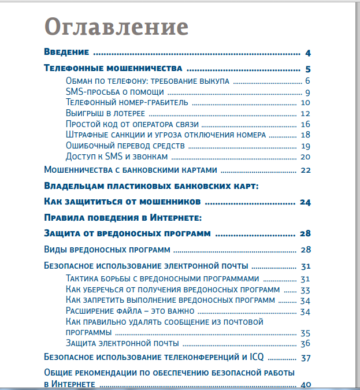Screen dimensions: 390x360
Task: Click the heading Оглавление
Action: pyautogui.click(x=116, y=27)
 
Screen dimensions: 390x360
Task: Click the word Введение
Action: pyautogui.click(x=66, y=53)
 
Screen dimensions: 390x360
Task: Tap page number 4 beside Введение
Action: pyautogui.click(x=309, y=53)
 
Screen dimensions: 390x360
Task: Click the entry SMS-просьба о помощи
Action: pyautogui.click(x=115, y=91)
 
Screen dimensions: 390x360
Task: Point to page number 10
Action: pyautogui.click(x=306, y=103)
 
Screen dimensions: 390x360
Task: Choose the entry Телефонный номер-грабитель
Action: pyautogui.click(x=127, y=102)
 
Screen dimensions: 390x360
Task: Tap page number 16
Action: pyautogui.click(x=306, y=124)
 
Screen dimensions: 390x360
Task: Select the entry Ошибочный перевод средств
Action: pyautogui.click(x=125, y=146)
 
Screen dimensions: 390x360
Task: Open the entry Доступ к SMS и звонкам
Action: pyautogui.click(x=117, y=157)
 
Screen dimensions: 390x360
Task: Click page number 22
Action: pyautogui.click(x=306, y=170)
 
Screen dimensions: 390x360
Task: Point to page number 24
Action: pyautogui.click(x=306, y=202)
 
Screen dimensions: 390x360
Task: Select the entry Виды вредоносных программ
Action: pyautogui.click(x=107, y=250)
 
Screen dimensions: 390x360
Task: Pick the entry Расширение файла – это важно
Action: pyautogui.click(x=130, y=311)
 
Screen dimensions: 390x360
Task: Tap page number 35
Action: pyautogui.click(x=306, y=333)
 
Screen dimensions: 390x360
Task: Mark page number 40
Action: pyautogui.click(x=306, y=385)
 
